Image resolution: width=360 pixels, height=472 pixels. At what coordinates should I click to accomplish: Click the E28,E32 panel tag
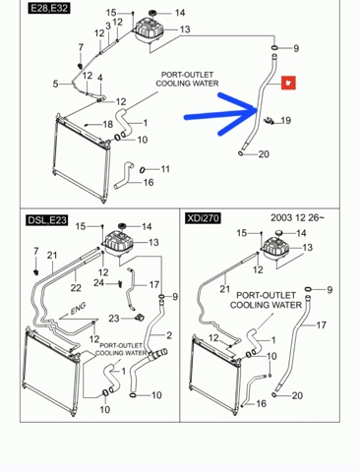point(49,8)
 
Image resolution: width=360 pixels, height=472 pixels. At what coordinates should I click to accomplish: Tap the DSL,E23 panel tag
point(47,220)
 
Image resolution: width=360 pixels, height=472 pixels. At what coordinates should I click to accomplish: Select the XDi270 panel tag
point(203,218)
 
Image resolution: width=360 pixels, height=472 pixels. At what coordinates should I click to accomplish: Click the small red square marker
point(288,83)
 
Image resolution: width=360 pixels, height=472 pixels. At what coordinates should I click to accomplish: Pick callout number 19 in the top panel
point(285,121)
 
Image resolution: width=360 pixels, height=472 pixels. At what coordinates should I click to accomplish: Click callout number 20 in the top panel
point(264,154)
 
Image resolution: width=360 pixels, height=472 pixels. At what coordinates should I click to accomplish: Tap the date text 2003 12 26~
point(298,217)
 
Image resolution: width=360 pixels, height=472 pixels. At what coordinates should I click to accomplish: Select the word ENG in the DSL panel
point(79,309)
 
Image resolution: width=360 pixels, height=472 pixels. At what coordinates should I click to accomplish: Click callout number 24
point(98,282)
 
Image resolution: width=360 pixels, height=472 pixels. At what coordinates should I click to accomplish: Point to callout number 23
point(114,319)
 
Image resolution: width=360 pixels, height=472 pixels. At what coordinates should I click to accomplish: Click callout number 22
point(76,288)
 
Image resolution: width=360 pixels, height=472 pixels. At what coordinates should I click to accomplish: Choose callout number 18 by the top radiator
point(108,124)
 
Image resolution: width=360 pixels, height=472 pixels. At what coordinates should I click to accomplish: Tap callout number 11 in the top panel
point(165,169)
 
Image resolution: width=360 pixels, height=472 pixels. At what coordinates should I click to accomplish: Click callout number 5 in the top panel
point(55,84)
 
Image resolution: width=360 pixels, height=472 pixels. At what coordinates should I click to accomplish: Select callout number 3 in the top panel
point(108,26)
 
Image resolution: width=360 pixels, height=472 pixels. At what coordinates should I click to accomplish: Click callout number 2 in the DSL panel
point(169,335)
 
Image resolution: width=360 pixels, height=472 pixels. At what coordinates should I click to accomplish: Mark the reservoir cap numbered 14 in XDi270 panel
point(279,232)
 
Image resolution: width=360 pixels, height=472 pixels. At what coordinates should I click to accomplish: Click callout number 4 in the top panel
point(100,78)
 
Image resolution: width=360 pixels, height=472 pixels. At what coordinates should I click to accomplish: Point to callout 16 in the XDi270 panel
point(261,403)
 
